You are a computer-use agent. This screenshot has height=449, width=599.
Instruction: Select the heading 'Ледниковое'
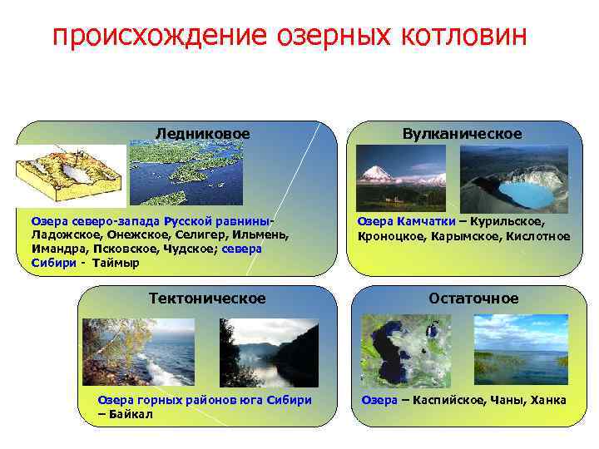(202, 133)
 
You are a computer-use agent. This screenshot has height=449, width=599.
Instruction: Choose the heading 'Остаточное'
(473, 298)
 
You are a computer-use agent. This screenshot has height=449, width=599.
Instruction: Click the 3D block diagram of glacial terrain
(70, 175)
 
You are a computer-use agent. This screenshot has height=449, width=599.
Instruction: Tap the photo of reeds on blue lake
(521, 350)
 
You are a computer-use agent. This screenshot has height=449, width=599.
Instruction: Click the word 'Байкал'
(130, 414)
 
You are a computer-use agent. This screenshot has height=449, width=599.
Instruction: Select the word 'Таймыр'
(116, 263)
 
